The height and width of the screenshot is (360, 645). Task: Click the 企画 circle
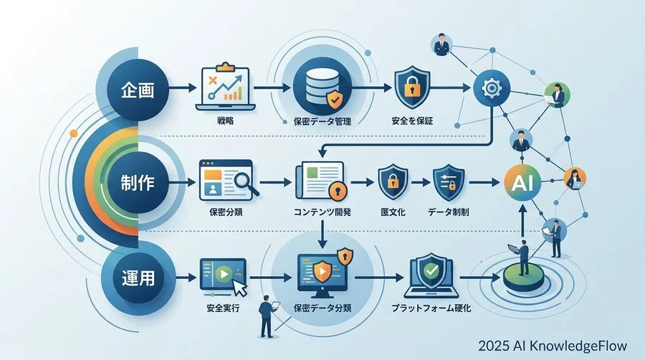coord(138,90)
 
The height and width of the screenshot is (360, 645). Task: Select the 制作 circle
coord(138,182)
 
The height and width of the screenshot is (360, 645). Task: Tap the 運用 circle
coord(138,278)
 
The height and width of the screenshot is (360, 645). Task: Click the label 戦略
coord(225,121)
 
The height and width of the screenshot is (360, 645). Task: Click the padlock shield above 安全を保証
coord(412,87)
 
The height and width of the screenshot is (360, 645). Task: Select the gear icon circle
coord(492,88)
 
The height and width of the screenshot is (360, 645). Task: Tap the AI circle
coord(522,182)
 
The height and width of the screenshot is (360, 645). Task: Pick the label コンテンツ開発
coord(322,212)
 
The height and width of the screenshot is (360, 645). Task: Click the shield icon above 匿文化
coord(393,181)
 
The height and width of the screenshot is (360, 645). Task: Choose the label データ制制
coord(449,212)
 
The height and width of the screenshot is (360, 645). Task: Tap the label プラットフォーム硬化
coord(431,308)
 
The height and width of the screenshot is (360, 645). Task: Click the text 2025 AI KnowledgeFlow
coord(553,346)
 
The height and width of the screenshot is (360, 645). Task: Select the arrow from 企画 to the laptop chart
coord(183,87)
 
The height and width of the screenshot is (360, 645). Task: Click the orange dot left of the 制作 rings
coord(74,133)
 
